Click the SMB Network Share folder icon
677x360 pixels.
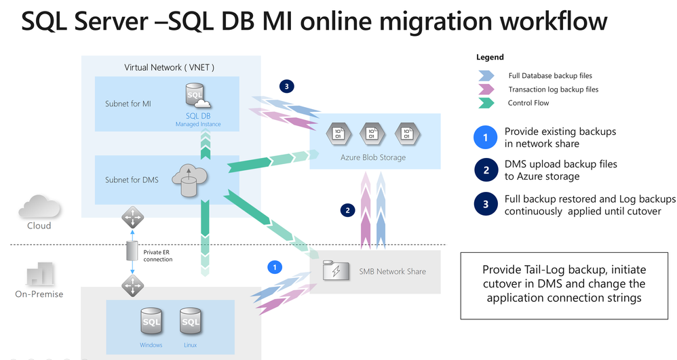tap(334, 270)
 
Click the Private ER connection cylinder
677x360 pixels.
tap(132, 252)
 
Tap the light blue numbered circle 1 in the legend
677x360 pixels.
tap(485, 137)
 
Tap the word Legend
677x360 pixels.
tap(490, 58)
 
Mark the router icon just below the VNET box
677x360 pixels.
tap(132, 218)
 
